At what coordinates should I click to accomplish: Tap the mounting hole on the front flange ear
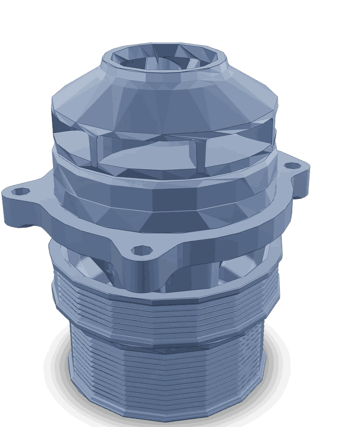(138, 249)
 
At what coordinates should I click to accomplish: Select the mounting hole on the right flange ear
(290, 166)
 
